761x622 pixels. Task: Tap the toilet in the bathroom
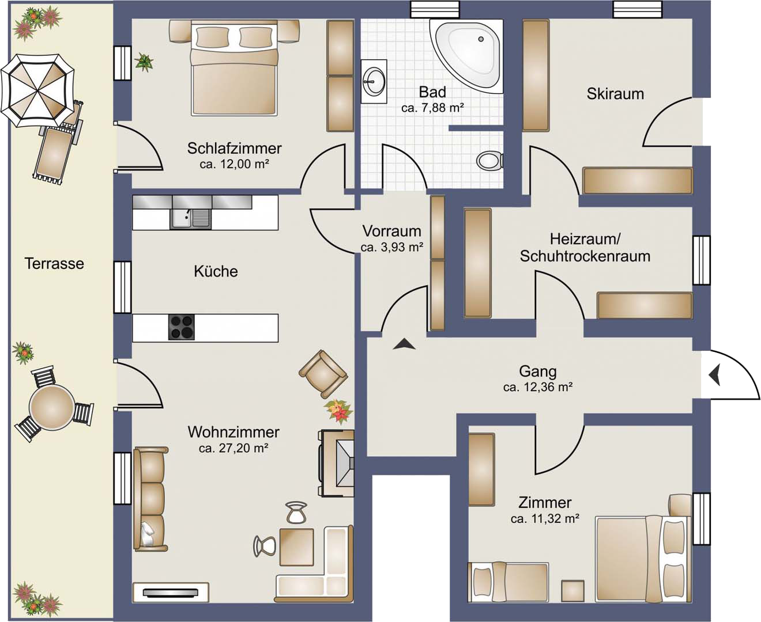[x=489, y=161]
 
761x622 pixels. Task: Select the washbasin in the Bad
[x=374, y=81]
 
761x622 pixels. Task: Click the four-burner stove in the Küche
[x=182, y=327]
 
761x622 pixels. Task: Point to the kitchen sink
[x=190, y=218]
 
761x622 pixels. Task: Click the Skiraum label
[x=615, y=94]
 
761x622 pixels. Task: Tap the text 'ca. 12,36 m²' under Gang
[x=538, y=387]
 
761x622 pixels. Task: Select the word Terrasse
[x=54, y=264]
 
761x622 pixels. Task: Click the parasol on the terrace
[x=37, y=90]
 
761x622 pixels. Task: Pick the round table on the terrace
[x=52, y=405]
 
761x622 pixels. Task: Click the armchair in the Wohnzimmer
[x=323, y=374]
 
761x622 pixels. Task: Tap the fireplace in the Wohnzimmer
[x=336, y=464]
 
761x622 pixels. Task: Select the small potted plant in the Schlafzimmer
[x=144, y=62]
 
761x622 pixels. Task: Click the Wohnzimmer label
[x=233, y=432]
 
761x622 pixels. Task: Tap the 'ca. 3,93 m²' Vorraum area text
[x=392, y=247]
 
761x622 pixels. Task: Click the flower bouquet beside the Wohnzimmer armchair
[x=338, y=410]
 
